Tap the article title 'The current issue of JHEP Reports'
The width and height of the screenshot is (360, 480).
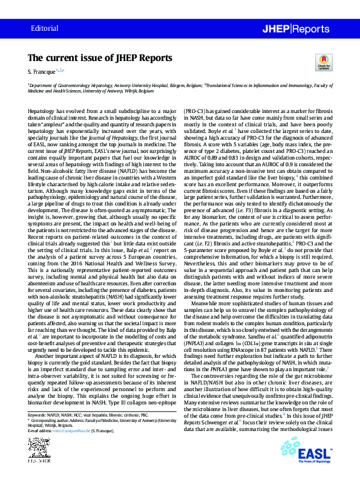tap(100, 58)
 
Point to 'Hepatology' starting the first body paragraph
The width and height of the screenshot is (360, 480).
tap(41, 113)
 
